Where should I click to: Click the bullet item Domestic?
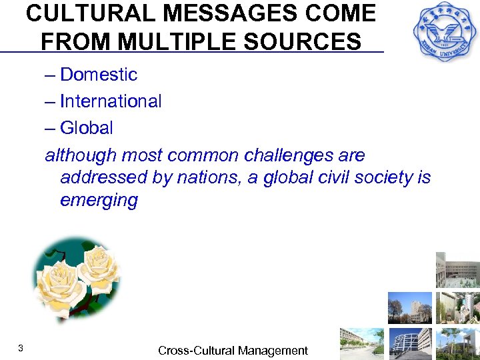click(98, 75)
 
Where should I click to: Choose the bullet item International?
click(111, 101)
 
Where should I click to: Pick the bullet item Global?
click(86, 128)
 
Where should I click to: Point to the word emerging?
click(99, 201)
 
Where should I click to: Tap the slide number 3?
click(21, 348)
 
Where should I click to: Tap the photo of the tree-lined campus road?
click(362, 343)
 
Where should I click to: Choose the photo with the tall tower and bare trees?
click(409, 307)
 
